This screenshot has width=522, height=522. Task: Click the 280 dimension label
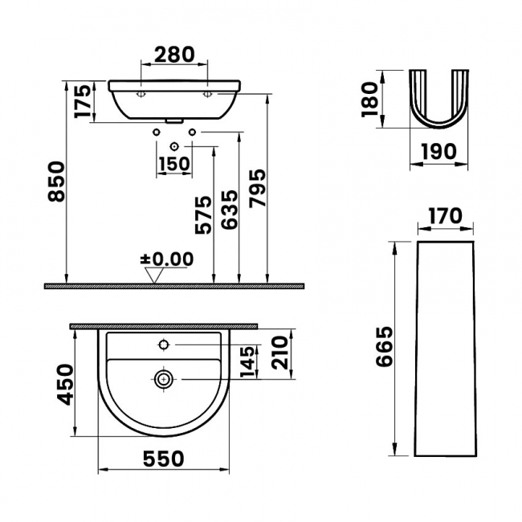tap(174, 55)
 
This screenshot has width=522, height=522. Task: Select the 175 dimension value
tap(83, 101)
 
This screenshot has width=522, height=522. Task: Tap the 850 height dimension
tap(55, 181)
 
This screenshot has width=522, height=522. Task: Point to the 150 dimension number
tap(174, 164)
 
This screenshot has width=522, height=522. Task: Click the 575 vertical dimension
tap(203, 215)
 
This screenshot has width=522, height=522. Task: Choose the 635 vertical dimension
tap(230, 210)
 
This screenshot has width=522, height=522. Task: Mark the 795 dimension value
tap(258, 189)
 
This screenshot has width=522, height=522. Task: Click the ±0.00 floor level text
tap(167, 259)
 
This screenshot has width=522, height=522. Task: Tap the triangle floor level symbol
tap(154, 275)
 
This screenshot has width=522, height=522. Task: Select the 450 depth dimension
tap(65, 385)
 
